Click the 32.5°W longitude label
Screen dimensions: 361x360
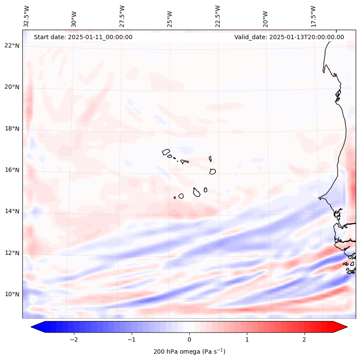pyautogui.click(x=27, y=16)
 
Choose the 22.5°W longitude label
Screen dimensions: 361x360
pyautogui.click(x=218, y=16)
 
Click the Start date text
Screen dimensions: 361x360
pyautogui.click(x=83, y=37)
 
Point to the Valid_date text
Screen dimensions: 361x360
pyautogui.click(x=289, y=37)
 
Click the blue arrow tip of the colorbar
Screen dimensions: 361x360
pyautogui.click(x=33, y=327)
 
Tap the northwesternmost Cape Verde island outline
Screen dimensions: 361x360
pyautogui.click(x=166, y=152)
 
